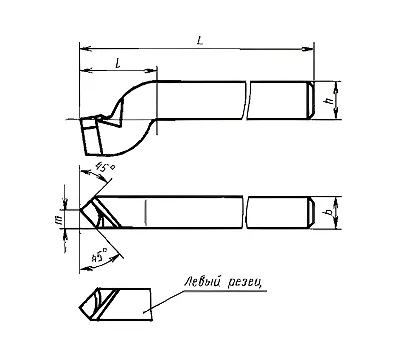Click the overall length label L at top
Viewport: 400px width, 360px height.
tap(200, 41)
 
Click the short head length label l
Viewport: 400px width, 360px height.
tap(118, 63)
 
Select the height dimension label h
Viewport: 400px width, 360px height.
tap(330, 101)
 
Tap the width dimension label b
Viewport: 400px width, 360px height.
tap(329, 212)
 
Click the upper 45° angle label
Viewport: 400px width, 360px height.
tap(104, 167)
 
